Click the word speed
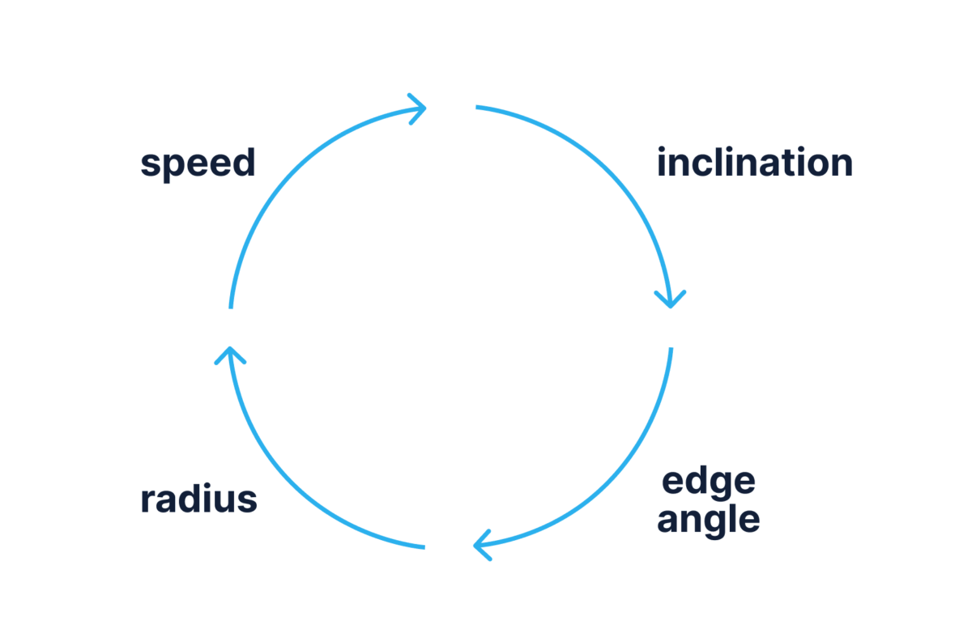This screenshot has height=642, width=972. (198, 164)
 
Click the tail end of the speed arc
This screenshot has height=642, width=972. (231, 307)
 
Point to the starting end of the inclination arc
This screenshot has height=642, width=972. (477, 107)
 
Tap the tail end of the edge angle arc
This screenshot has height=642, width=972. (671, 349)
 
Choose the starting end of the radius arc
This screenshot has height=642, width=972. (424, 547)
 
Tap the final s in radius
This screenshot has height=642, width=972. (248, 501)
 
